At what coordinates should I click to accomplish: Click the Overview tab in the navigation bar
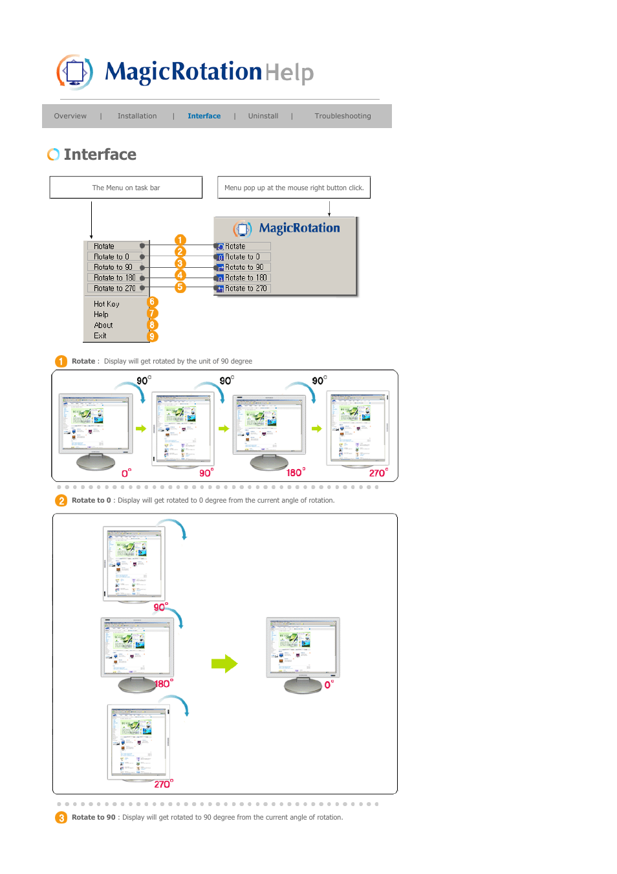pos(70,116)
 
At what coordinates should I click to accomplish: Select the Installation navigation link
pos(137,116)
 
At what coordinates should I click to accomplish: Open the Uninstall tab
pos(263,116)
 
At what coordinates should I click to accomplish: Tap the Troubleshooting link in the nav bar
pos(342,116)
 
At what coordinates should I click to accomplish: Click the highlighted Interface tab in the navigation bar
pos(204,116)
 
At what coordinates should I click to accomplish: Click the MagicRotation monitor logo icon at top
pos(75,71)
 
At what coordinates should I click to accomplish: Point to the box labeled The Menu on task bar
pos(126,188)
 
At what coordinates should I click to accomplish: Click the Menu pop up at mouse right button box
pos(294,188)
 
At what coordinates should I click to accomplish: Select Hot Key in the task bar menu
pos(107,304)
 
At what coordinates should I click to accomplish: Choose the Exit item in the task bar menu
pos(100,336)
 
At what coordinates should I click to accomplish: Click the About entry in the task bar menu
pos(103,325)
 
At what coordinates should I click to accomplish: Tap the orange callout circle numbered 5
pos(180,287)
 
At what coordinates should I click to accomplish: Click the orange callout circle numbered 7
pos(153,314)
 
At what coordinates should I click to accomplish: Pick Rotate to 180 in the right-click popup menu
pos(245,278)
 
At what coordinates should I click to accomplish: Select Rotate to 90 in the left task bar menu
pos(113,267)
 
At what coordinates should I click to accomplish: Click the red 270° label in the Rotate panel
pos(378,473)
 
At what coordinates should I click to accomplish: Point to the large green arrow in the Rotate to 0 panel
pos(224,664)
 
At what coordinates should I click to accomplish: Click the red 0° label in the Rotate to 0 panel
pos(329,684)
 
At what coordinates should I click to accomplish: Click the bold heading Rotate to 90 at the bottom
pos(93,818)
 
